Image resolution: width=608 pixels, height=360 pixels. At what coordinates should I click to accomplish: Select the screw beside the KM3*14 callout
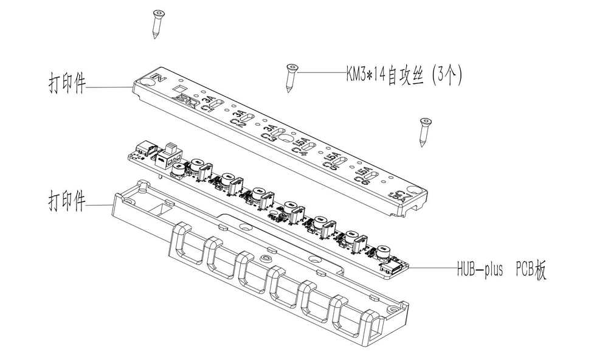point(291,77)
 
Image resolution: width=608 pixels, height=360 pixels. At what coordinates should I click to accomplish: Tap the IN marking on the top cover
point(159,78)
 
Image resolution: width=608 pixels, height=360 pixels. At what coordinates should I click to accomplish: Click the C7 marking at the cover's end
point(400,195)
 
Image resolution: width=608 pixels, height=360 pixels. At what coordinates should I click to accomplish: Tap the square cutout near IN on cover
point(181,89)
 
